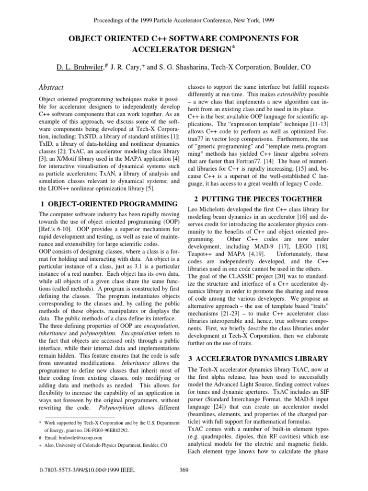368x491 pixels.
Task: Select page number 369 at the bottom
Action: coord(184,483)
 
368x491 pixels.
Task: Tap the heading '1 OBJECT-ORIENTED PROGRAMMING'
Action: coord(106,204)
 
